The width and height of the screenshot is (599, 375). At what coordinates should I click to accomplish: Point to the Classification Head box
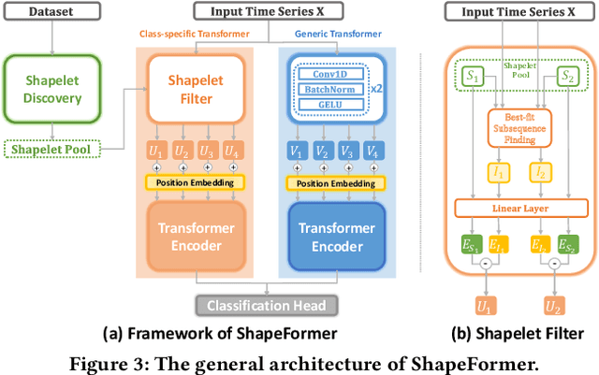[267, 305]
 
